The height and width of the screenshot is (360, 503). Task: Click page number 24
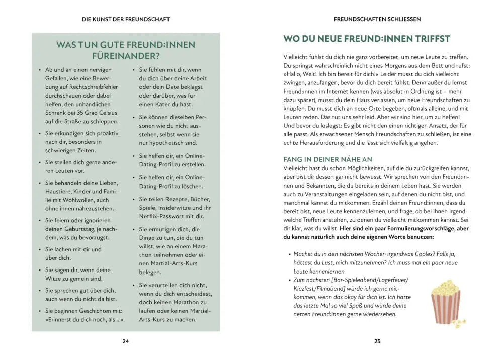click(126, 342)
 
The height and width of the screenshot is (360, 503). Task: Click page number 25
click(378, 342)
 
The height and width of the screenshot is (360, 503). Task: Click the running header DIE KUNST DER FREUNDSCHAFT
click(126, 19)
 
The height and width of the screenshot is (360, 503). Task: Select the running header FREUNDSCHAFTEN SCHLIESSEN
click(377, 19)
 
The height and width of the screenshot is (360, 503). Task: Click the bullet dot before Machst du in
click(290, 254)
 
